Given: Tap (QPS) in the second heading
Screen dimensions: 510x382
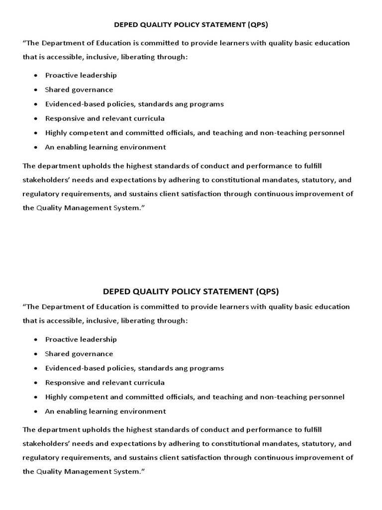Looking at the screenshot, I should click(268, 291).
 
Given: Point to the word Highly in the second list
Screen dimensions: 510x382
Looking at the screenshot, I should click(56, 397).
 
